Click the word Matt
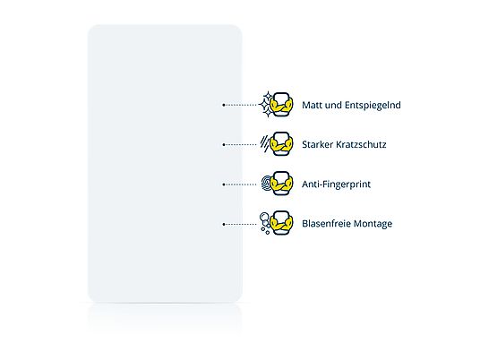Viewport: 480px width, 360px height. click(x=312, y=105)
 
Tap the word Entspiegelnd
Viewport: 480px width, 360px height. click(x=373, y=106)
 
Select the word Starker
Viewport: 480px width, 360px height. click(x=317, y=144)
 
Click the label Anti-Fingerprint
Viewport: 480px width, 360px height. click(x=336, y=184)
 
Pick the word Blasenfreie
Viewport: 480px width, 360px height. click(x=326, y=224)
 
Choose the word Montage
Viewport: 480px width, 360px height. click(x=373, y=224)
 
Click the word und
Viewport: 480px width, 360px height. click(x=333, y=105)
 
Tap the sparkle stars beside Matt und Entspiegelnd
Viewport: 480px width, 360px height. click(x=266, y=105)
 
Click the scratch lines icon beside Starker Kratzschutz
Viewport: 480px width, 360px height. click(x=264, y=144)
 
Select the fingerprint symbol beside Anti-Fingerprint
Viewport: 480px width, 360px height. click(x=266, y=184)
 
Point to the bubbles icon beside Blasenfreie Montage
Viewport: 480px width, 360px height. click(x=264, y=223)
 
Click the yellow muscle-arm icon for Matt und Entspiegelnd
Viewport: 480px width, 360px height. click(x=281, y=105)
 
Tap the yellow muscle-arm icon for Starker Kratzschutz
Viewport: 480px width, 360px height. click(x=281, y=144)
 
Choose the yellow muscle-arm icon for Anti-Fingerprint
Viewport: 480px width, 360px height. click(x=281, y=184)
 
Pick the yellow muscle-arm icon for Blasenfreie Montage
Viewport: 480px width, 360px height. click(x=281, y=223)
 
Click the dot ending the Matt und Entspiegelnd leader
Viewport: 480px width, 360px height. click(x=224, y=105)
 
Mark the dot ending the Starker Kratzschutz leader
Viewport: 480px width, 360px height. click(x=224, y=144)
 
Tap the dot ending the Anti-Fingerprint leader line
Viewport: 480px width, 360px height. click(x=224, y=184)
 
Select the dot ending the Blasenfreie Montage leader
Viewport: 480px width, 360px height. click(x=224, y=224)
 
